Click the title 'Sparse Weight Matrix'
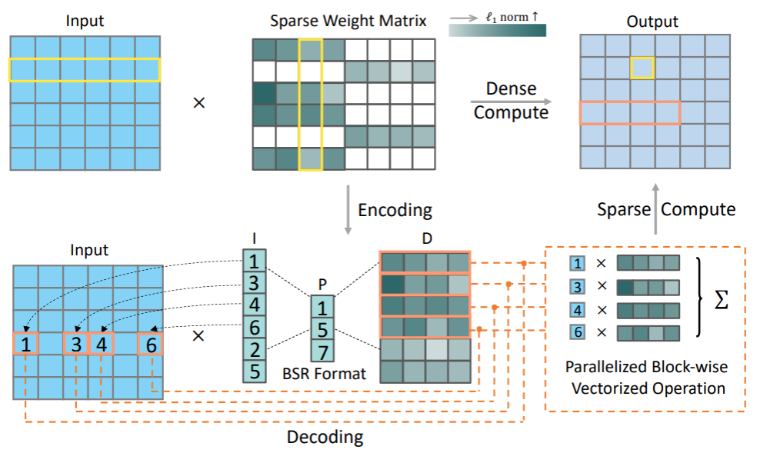pos(348,21)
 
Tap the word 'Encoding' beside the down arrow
pos(395,209)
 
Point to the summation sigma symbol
pos(721,300)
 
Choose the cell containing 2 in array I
pos(254,349)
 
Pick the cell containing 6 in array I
pos(254,327)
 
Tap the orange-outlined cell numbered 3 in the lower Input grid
pos(75,344)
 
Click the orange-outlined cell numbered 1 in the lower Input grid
pos(25,344)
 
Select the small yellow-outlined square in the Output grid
pos(642,68)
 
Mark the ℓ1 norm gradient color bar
pos(498,31)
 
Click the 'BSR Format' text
pos(323,375)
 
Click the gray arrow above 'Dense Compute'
pos(512,101)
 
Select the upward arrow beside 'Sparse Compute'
pos(655,208)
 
